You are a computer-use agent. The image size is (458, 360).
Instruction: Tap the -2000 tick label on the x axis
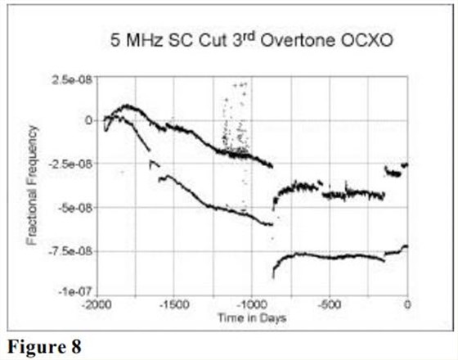pyautogui.click(x=97, y=304)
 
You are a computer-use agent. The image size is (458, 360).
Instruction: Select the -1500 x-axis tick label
pyautogui.click(x=173, y=304)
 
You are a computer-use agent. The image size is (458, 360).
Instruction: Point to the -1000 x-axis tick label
pyautogui.click(x=251, y=304)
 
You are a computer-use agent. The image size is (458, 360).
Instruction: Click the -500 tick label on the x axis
pyautogui.click(x=329, y=304)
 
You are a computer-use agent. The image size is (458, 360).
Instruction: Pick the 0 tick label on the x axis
pyautogui.click(x=406, y=304)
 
